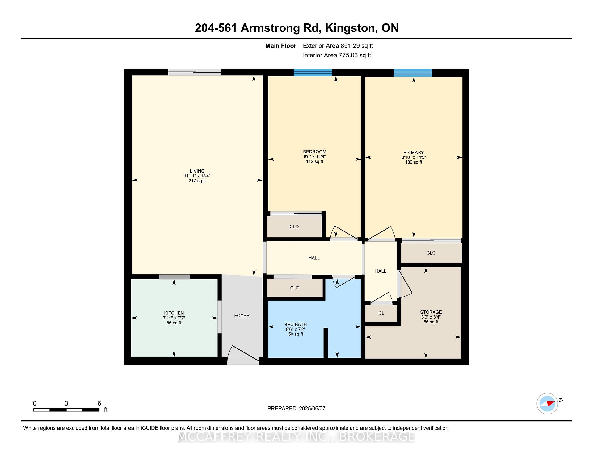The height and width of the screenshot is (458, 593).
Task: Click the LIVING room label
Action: click(197, 171)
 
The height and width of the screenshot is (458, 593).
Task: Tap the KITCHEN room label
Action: click(174, 313)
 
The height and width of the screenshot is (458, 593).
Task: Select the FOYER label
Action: click(242, 316)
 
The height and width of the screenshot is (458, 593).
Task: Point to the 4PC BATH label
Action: click(296, 324)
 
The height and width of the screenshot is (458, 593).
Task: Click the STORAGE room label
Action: click(431, 312)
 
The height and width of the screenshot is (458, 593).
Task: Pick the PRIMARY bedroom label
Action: click(414, 152)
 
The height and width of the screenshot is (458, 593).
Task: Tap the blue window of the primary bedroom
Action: click(413, 73)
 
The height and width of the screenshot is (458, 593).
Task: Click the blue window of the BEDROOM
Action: click(313, 73)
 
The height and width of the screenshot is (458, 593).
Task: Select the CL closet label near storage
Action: click(381, 313)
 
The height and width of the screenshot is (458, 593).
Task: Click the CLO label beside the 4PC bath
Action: click(295, 288)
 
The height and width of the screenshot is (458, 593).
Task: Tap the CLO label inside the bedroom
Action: click(294, 227)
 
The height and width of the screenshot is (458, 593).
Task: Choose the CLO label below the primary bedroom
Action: click(431, 253)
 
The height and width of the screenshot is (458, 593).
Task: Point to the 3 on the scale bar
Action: click(66, 403)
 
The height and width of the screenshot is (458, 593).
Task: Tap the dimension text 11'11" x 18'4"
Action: click(197, 176)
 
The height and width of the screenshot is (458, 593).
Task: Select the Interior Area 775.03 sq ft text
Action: click(337, 55)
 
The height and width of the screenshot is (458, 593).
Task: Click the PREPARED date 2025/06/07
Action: click(312, 409)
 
